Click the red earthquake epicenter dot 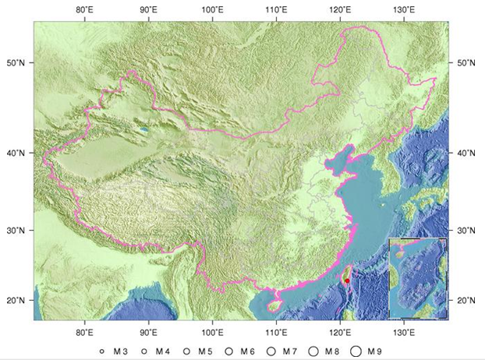click(347, 281)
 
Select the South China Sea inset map click(419, 278)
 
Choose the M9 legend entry click(371, 351)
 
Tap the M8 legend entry click(327, 351)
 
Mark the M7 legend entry click(282, 351)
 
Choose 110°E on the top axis click(274, 10)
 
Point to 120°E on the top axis click(338, 10)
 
